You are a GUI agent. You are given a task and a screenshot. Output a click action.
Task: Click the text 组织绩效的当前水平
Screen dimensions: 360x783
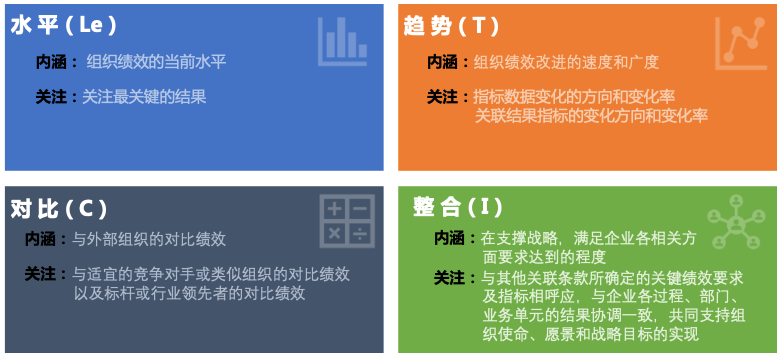(157, 62)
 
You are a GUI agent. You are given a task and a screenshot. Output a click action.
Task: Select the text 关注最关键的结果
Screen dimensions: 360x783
(144, 97)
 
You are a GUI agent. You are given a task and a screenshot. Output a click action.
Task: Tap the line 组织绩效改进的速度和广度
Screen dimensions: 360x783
(566, 62)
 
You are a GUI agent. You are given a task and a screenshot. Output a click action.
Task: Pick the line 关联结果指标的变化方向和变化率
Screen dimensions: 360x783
(592, 116)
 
